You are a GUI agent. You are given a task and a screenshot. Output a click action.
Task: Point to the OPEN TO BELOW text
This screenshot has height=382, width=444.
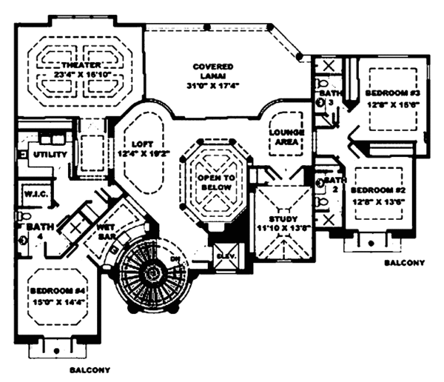[215, 183]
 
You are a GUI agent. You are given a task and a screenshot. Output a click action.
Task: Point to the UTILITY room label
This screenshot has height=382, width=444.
[50, 155]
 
